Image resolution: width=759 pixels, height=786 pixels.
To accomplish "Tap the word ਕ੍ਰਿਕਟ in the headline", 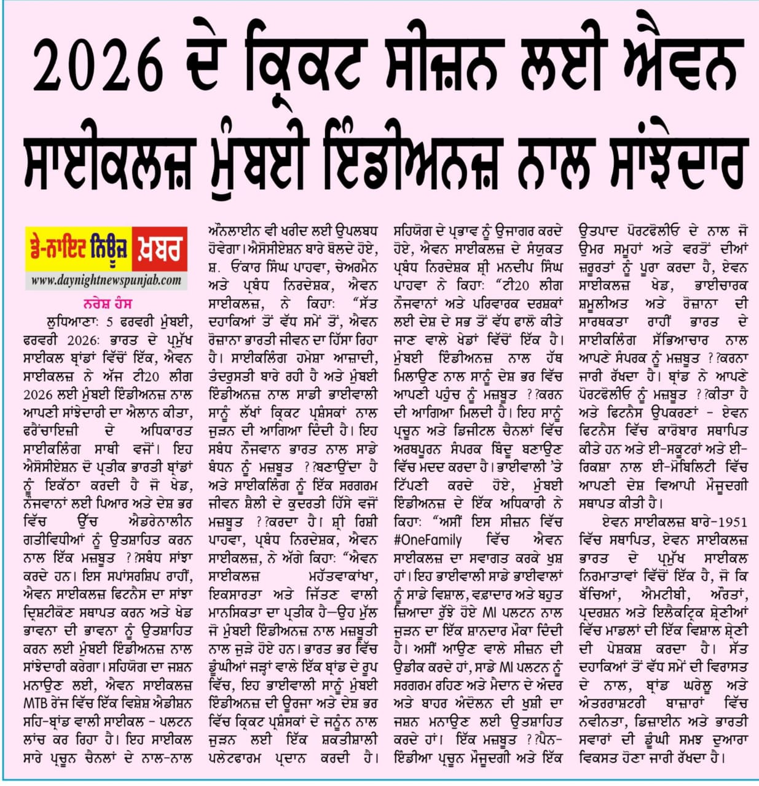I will (289, 66).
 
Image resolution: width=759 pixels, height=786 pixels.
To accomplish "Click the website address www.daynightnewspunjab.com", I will (106, 281).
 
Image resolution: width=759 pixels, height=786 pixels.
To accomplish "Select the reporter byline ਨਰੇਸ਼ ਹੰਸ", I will (107, 303).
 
